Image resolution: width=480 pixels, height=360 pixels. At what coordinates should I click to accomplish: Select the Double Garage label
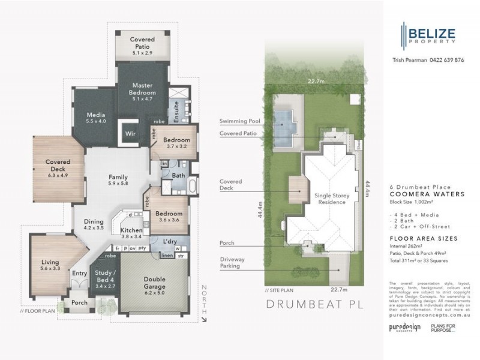click(154, 284)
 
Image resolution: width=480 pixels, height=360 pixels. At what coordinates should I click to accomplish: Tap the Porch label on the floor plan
click(79, 303)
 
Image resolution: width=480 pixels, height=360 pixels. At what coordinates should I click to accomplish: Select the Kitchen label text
click(131, 231)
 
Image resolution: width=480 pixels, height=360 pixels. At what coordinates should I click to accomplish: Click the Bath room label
click(178, 176)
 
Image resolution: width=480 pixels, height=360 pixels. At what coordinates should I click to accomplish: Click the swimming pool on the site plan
click(285, 123)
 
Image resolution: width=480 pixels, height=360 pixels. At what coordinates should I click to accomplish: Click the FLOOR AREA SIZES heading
click(423, 238)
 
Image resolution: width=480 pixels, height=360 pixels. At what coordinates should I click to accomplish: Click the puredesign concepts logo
click(404, 327)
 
